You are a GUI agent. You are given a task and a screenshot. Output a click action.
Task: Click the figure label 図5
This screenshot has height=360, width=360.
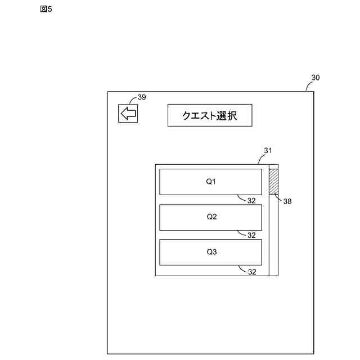point(46,9)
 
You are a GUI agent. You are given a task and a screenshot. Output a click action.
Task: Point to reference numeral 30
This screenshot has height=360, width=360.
point(315,78)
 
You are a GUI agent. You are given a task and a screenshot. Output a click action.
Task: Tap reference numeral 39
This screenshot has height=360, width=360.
point(141,97)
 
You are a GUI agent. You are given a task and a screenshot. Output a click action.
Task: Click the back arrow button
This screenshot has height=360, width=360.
point(128,113)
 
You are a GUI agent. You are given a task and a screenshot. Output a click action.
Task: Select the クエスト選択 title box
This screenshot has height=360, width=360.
point(209,115)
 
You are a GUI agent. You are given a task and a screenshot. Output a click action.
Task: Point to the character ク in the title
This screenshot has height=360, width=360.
point(186,116)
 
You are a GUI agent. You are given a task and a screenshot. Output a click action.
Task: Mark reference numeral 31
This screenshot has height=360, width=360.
point(268,150)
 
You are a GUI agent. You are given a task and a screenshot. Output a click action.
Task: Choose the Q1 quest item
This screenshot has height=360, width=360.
point(211,182)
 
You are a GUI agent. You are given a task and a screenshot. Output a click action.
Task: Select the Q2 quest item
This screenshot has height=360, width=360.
point(211,217)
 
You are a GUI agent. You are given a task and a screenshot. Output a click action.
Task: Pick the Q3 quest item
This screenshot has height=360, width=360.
point(211,252)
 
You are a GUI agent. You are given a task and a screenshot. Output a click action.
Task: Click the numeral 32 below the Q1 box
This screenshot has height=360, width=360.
point(252,200)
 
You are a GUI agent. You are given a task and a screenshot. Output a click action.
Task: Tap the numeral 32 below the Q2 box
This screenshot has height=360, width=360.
point(252,235)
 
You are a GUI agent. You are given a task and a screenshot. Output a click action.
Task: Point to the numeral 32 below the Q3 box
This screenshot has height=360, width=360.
point(252,272)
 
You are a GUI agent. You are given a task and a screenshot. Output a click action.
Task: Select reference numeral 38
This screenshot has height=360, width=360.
point(287,201)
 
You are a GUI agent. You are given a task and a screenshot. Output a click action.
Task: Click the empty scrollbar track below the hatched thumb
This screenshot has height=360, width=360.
point(273,236)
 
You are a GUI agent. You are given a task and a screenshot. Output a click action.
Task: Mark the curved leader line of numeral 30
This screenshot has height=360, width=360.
point(308,85)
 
